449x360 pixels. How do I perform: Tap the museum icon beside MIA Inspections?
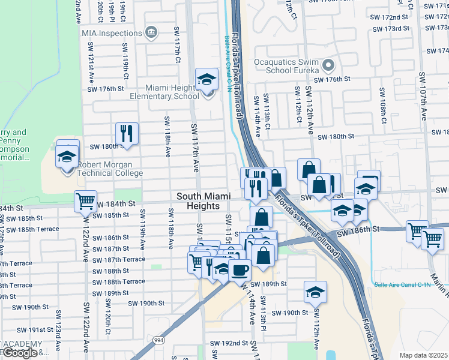tap(151, 31)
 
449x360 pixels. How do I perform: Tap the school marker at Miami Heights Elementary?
tap(206, 79)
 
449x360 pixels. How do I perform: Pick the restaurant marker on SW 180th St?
tap(127, 133)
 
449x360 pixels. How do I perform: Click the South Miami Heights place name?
tap(198, 201)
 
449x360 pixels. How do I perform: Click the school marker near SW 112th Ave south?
tap(315, 292)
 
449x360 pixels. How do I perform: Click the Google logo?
tap(20, 353)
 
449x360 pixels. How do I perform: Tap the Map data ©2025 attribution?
tap(423, 355)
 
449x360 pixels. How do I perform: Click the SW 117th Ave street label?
tap(195, 148)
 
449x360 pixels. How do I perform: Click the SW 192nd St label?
tap(229, 343)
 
